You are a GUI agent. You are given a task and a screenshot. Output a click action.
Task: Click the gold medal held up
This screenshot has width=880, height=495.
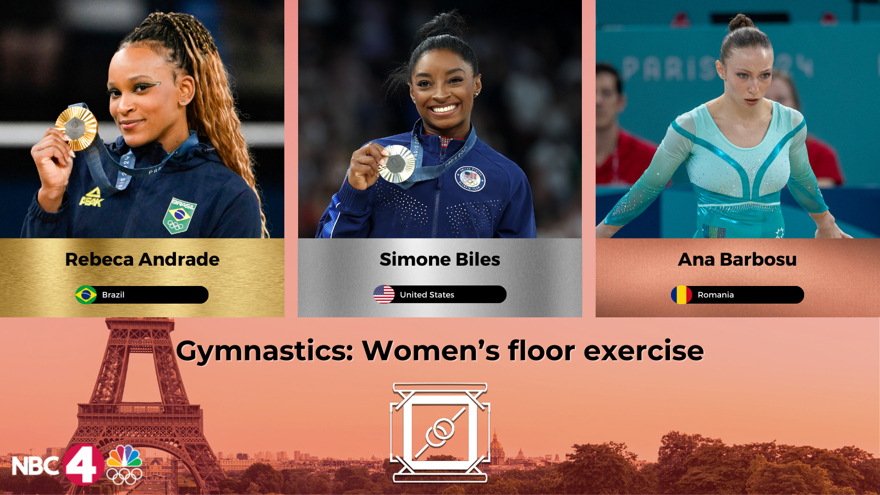point(76,129)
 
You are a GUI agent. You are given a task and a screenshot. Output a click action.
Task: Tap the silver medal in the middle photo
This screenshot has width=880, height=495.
point(397,163)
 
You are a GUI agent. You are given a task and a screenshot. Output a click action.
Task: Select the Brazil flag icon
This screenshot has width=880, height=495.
point(86,295)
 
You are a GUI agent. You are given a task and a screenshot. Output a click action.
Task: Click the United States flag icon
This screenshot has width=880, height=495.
point(384,294)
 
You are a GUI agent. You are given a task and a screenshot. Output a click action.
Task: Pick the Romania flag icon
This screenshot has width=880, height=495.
point(681,295)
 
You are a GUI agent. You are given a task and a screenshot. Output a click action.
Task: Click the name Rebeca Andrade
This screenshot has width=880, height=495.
point(142,259)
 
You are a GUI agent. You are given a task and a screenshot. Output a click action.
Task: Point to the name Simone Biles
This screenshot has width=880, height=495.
point(439,259)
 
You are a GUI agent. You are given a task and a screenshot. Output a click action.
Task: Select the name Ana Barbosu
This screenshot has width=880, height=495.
point(737,259)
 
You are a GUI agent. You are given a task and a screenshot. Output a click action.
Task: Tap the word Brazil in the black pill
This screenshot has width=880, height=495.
point(113,295)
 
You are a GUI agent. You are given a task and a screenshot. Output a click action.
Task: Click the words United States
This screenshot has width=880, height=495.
point(427,295)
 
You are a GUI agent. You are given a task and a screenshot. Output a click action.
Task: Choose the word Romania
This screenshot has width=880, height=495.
point(716,295)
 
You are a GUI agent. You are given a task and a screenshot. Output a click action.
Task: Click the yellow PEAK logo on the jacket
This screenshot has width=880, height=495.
point(91,197)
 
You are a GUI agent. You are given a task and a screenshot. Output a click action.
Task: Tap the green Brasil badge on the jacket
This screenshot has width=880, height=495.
point(179,216)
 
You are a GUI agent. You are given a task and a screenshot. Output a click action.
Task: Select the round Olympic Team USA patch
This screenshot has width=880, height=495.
point(470,179)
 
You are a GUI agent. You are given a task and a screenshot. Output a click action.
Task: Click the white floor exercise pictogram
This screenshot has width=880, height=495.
point(440,432)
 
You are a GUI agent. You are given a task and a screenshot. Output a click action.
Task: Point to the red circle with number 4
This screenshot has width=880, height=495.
point(83,464)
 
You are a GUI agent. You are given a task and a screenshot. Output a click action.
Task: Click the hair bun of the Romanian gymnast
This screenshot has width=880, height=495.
point(741,22)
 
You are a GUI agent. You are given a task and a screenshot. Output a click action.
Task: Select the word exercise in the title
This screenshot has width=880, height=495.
point(643,350)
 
